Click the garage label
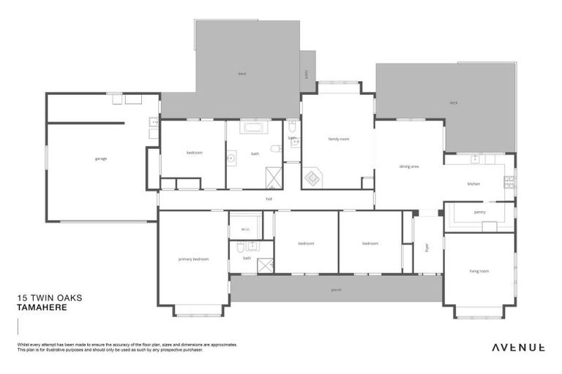pos(100,159)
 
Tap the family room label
pos(338,139)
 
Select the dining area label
pos(408,167)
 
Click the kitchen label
pos(473,184)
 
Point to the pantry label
pos(479,212)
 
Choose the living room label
pos(479,271)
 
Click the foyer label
pos(427,247)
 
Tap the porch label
pos(336,290)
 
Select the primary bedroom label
pos(193,259)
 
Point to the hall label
pos(269,198)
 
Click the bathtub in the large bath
pos(255,128)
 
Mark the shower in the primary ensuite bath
pos(265,264)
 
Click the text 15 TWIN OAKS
pos(50,298)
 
